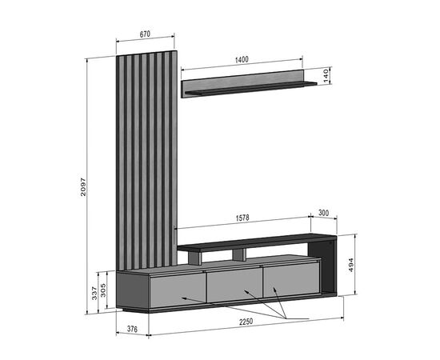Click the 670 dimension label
[145, 34]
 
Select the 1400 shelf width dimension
[242, 59]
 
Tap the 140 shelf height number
[326, 75]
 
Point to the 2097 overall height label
[83, 186]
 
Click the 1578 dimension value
[242, 218]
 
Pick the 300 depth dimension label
[323, 213]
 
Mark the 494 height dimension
[350, 265]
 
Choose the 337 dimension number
[94, 293]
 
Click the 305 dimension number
[103, 290]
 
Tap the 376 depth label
[132, 329]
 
